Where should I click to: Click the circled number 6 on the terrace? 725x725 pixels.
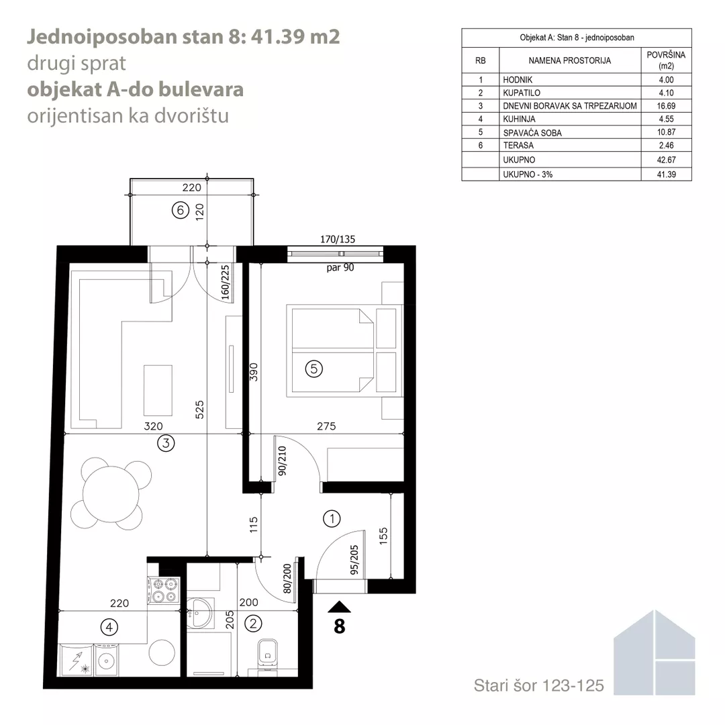pos(181,210)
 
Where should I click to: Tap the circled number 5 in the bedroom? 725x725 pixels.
pos(314,369)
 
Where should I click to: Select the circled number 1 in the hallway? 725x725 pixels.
pos(332,519)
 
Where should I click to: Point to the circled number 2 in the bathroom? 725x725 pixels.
pos(253,624)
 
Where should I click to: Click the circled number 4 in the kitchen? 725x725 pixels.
pos(109,628)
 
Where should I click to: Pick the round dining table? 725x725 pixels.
pos(111,494)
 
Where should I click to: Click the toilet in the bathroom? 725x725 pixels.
pos(267,653)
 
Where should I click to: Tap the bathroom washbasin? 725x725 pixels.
pos(200,613)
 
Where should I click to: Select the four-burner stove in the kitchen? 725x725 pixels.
pos(164,591)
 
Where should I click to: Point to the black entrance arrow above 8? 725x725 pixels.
pos(339,607)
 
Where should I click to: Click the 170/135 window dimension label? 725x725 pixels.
pos(338,239)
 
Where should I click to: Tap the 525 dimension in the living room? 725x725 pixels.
pos(199,409)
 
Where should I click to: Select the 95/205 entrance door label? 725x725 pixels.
pos(354,560)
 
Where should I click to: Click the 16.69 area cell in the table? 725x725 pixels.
pos(666,106)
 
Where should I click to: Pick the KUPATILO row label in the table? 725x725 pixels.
pos(522,93)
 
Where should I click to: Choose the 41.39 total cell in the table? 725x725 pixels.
pos(667,175)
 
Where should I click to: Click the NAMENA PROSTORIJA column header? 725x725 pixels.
pos(570,60)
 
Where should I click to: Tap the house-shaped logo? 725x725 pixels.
pos(655,652)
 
